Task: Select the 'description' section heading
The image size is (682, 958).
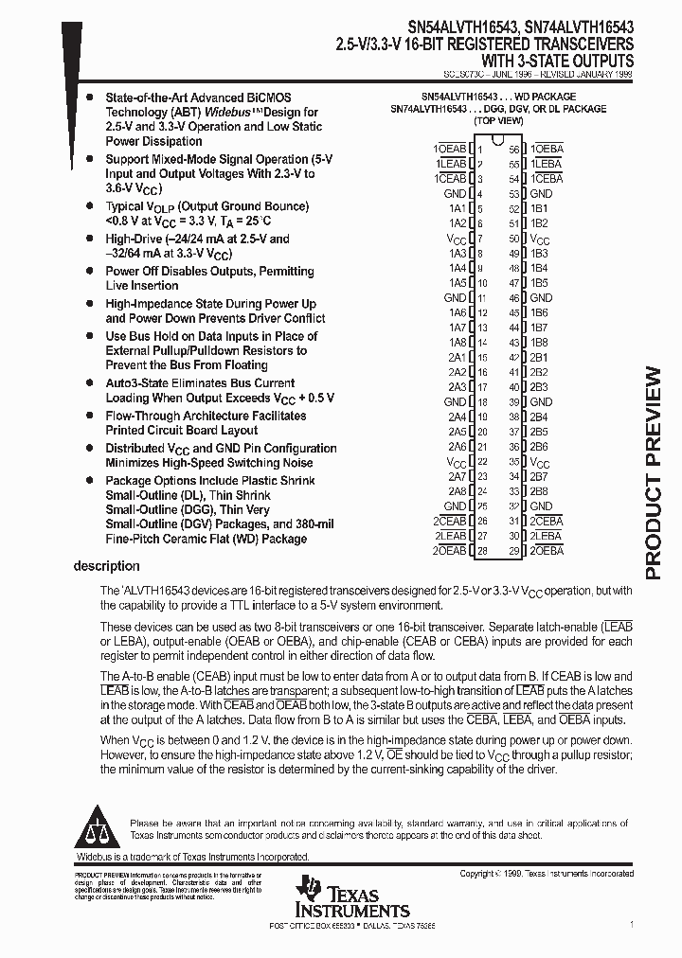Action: [x=106, y=566]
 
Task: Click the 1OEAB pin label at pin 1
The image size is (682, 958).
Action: [x=450, y=149]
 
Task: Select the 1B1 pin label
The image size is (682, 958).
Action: [x=539, y=208]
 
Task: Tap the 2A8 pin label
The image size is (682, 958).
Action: [x=457, y=491]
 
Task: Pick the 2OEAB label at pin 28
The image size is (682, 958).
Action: [x=450, y=550]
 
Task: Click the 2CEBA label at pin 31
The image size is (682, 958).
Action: [x=547, y=521]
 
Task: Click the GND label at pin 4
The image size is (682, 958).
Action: [x=456, y=193]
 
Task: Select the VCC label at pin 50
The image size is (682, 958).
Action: [x=540, y=239]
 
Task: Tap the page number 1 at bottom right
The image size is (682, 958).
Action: [x=632, y=924]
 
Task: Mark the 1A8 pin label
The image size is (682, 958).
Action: [x=457, y=342]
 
